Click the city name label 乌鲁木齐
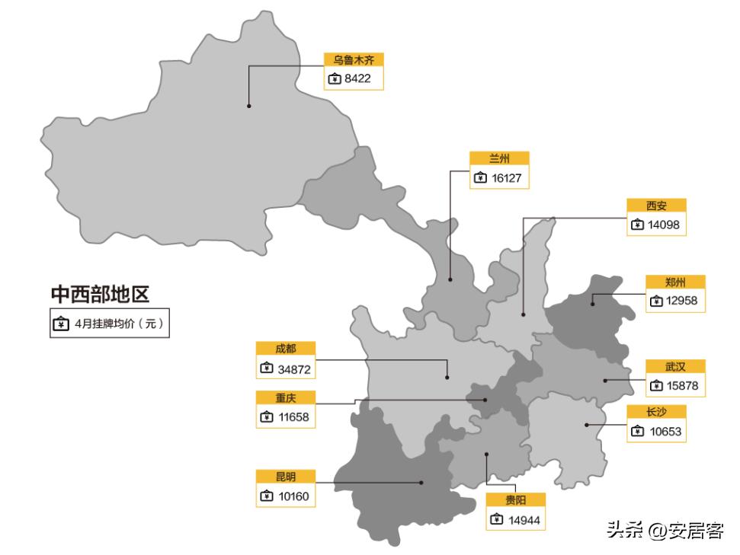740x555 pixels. pos(353,60)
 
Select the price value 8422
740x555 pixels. pos(358,78)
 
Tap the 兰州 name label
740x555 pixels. pos(499,159)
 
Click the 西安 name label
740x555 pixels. pos(655,206)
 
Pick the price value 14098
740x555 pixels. pos(663,225)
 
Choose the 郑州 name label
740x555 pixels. pos(675,282)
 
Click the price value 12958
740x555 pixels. pos(681,301)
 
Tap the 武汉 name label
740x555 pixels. pos(675,366)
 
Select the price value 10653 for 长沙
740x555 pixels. pos(665,432)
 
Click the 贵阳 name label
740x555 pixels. pos(516,500)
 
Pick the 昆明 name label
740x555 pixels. pos(286,477)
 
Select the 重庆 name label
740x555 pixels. pos(286,397)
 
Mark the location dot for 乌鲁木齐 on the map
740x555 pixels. pos(248,106)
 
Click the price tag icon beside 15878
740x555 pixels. pos(657,386)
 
